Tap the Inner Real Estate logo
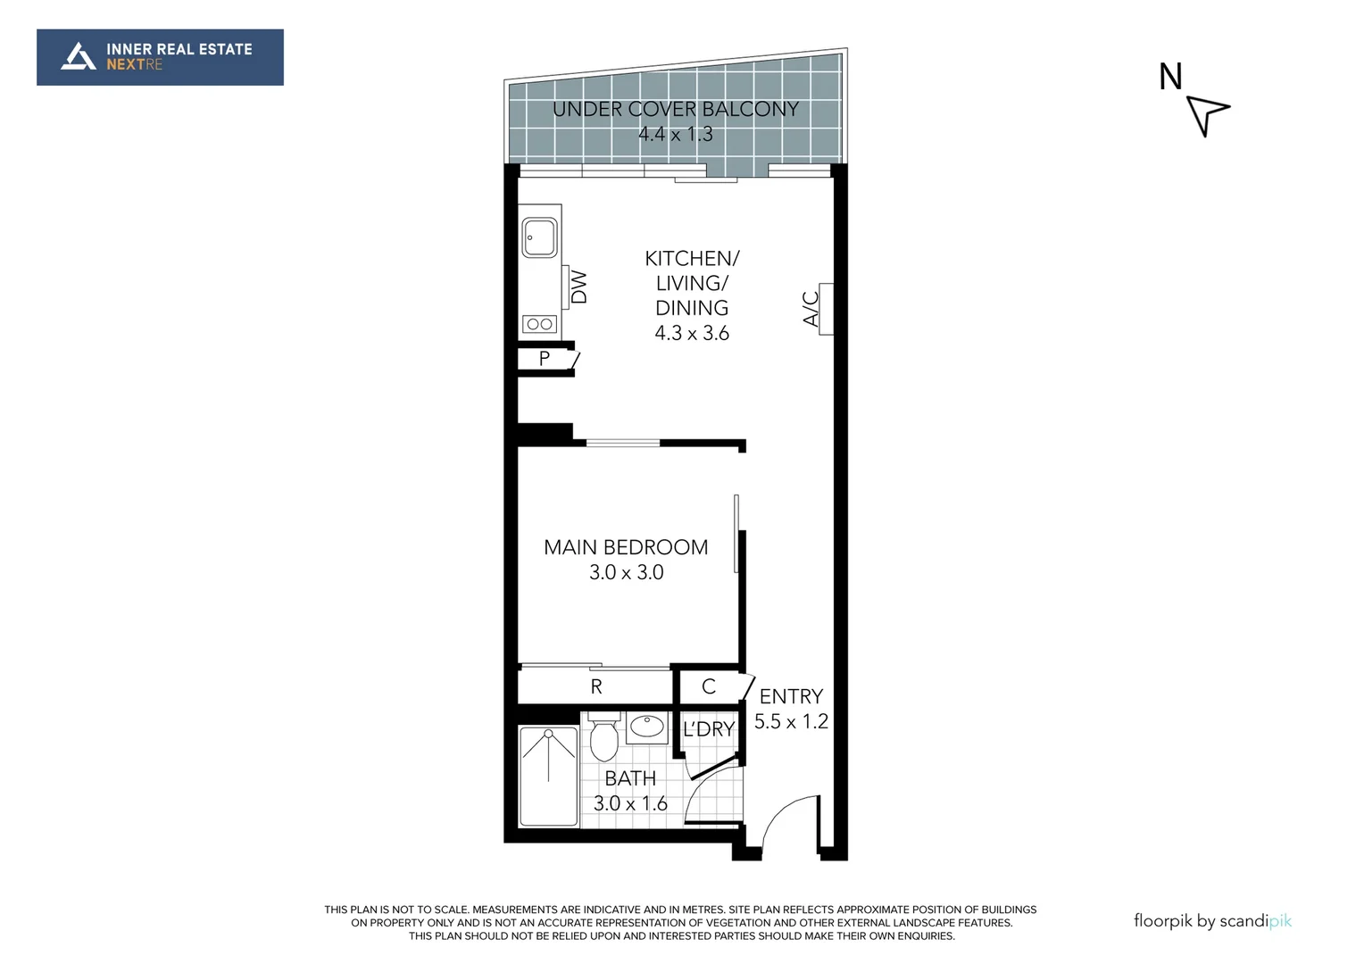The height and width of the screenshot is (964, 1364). point(160,57)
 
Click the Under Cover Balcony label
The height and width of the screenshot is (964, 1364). point(675,110)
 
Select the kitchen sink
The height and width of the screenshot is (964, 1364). point(539,237)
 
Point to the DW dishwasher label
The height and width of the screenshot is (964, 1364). point(579,287)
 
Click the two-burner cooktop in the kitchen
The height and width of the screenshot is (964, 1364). point(539,324)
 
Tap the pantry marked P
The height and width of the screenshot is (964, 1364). point(545,359)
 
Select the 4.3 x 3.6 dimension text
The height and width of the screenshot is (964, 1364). point(692,334)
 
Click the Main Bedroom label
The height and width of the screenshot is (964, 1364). point(626,547)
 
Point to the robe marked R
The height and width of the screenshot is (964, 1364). point(595,686)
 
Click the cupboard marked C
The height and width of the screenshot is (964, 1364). point(709,686)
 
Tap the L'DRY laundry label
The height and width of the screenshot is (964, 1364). point(709,729)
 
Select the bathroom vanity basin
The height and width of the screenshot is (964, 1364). point(647,727)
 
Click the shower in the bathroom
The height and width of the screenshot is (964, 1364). point(548,777)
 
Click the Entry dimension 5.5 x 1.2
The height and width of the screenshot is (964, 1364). point(791,721)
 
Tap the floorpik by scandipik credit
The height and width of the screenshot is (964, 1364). point(1212,921)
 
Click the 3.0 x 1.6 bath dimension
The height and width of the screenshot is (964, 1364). point(630,803)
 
